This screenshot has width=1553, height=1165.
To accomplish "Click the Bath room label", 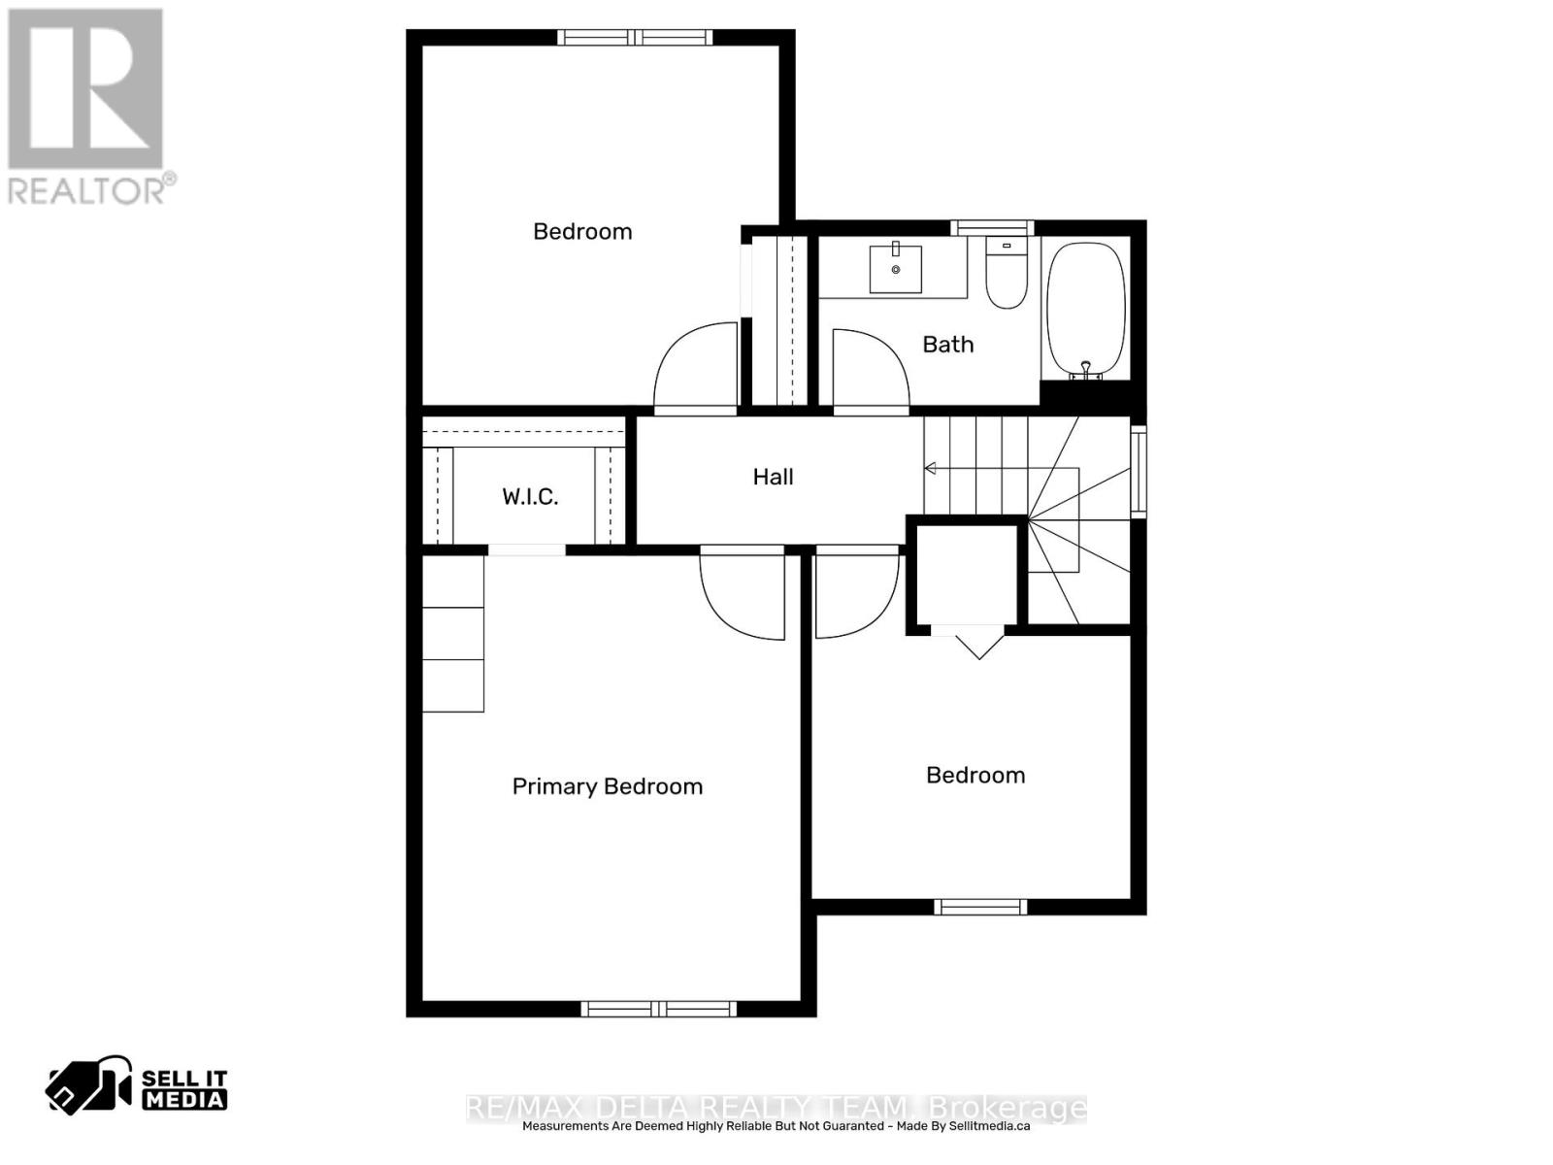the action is (947, 345).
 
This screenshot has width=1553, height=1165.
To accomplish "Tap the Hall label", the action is (773, 477).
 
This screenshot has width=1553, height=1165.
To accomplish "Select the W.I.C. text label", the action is (530, 496).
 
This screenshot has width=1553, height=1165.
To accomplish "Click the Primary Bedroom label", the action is (607, 786).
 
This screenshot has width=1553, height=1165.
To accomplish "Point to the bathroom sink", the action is (895, 268).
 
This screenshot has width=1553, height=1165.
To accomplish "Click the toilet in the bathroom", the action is (1007, 273).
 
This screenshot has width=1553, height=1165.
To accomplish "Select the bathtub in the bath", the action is (1085, 310).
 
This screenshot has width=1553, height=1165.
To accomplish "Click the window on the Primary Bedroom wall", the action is (659, 1009).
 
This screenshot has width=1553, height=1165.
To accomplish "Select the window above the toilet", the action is (992, 228).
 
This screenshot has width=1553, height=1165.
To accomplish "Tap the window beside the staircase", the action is (1139, 471).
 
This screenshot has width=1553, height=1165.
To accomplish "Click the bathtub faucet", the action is (1085, 369).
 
